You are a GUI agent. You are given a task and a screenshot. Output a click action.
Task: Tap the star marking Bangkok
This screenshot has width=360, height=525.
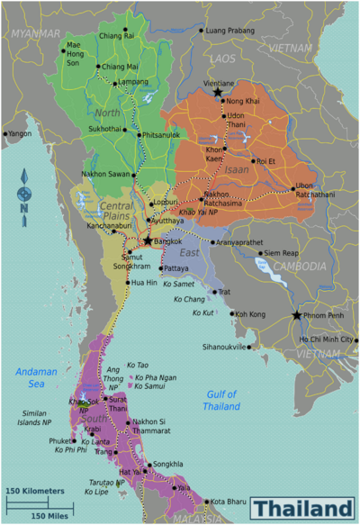pyautogui.click(x=148, y=241)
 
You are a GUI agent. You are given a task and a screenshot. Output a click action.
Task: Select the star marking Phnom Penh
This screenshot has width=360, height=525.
pyautogui.click(x=297, y=315)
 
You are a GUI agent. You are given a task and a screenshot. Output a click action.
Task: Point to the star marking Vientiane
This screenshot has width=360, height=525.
pyautogui.click(x=217, y=92)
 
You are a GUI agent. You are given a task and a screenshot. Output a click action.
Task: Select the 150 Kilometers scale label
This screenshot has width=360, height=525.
pyautogui.click(x=36, y=491)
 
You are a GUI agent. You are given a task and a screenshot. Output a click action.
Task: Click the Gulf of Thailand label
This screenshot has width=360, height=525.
pyautogui.click(x=220, y=400)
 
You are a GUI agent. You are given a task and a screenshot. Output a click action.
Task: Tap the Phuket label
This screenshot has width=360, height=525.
pyautogui.click(x=60, y=441)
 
